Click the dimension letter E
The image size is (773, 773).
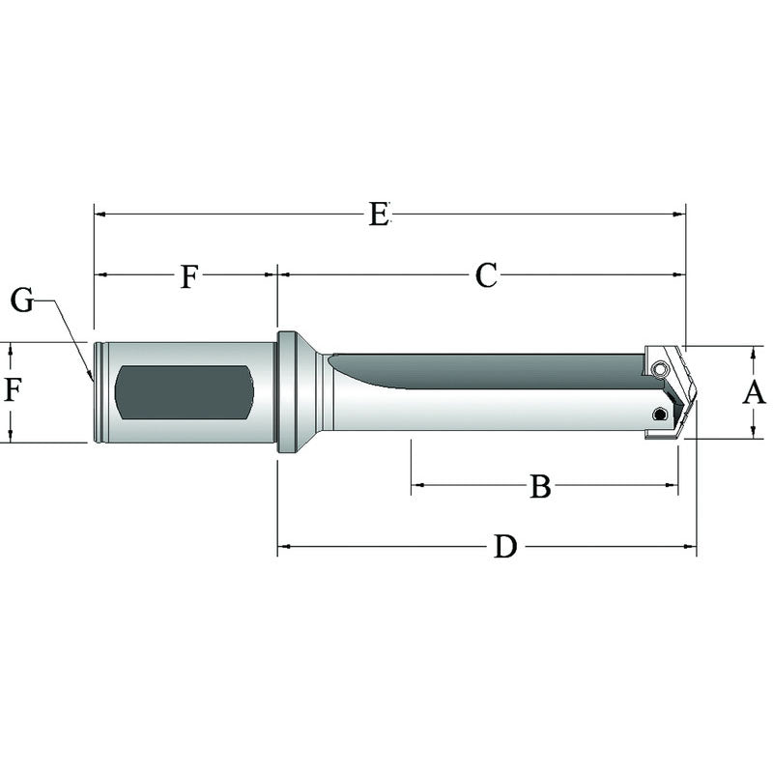(379, 214)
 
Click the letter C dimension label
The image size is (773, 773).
(485, 275)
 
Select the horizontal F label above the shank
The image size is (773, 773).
(189, 277)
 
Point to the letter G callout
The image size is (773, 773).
(22, 301)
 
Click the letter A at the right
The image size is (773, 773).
(754, 392)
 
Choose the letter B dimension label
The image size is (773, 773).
(540, 487)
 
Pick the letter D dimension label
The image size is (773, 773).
(504, 548)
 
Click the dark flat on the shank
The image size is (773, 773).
(184, 392)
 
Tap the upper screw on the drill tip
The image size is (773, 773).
(658, 368)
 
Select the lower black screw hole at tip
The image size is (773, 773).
(659, 415)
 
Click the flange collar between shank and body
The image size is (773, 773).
(288, 392)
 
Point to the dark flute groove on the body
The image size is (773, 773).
(483, 369)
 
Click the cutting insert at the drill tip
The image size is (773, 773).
(676, 391)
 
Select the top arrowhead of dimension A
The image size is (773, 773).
(754, 350)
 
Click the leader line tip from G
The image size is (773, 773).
(92, 378)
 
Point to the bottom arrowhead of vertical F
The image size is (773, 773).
(12, 438)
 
